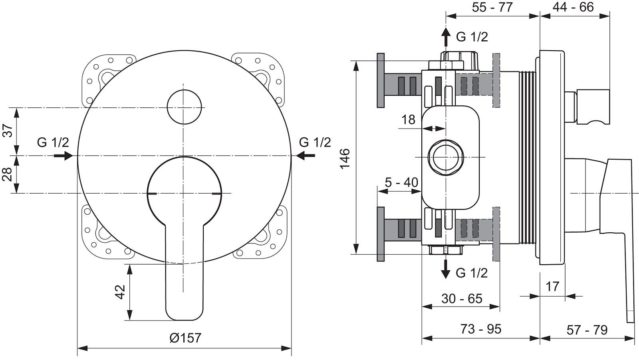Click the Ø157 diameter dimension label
click(185, 338)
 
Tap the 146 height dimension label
click(345, 159)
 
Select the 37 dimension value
click(8, 131)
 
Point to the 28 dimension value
click(8, 174)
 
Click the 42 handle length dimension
click(120, 292)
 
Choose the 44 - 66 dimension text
click(573, 7)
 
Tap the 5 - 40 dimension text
click(402, 182)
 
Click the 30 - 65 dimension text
click(462, 299)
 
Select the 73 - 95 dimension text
click(481, 329)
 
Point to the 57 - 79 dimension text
click(587, 330)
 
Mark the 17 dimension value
click(552, 287)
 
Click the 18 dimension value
click(408, 120)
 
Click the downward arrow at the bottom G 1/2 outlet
click(445, 269)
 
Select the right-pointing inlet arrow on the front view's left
click(64, 156)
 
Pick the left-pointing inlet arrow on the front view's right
click(306, 156)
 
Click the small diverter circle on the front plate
click(184, 107)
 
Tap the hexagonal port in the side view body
click(446, 157)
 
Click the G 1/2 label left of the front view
click(53, 142)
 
